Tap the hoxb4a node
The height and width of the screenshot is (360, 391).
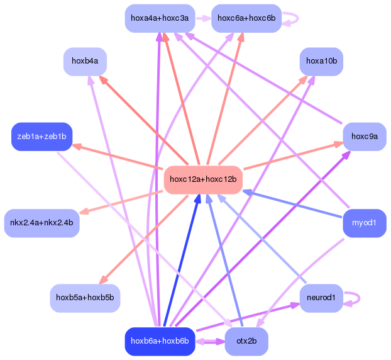coord(85,61)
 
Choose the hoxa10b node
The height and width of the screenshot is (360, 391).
coord(321,61)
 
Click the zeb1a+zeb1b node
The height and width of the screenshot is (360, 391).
coord(42,137)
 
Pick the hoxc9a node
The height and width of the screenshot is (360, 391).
coord(364,137)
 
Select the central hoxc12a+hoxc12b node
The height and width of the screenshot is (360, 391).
coord(203,179)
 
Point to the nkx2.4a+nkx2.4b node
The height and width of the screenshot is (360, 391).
coord(41,222)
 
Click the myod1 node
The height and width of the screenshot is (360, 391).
coord(364,222)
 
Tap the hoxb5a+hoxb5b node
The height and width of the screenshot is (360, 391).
coord(85,298)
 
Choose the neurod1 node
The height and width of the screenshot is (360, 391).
coord(321,298)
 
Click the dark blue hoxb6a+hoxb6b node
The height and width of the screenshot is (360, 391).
coord(160,341)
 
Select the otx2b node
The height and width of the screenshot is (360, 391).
coord(246,341)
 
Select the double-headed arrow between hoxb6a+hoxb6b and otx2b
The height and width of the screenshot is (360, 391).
coord(210,341)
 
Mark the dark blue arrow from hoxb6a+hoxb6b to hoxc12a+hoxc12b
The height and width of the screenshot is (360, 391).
coord(181,261)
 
